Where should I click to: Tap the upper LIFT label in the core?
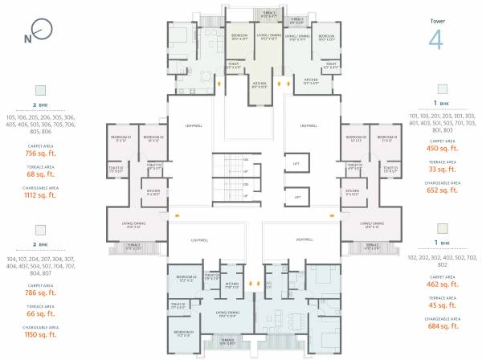296,164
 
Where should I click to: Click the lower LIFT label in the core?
296,197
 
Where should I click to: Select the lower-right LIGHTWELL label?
304,239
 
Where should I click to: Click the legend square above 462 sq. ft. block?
442,230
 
